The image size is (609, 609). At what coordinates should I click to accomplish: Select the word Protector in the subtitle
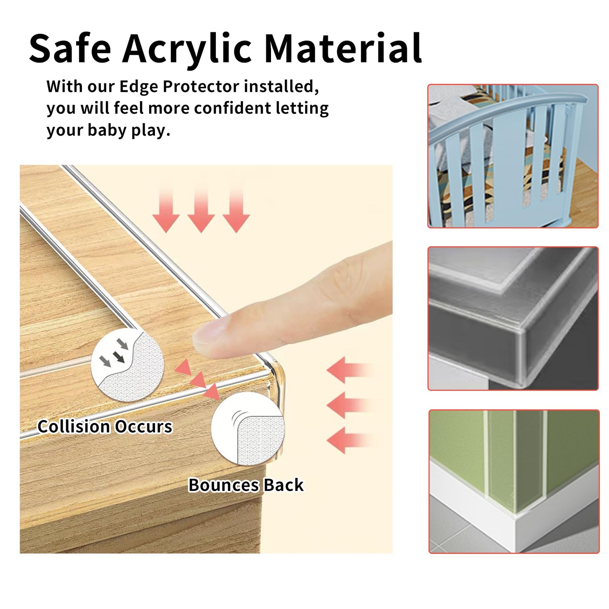[x=201, y=87]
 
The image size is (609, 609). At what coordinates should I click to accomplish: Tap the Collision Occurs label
[x=105, y=426]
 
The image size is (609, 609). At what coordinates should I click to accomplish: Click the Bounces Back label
[x=246, y=485]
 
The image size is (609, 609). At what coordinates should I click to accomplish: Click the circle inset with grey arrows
[x=128, y=365]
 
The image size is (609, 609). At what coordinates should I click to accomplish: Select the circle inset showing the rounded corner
[x=248, y=428]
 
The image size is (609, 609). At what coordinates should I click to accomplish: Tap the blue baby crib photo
[x=513, y=156]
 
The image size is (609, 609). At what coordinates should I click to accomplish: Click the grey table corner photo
[x=513, y=319]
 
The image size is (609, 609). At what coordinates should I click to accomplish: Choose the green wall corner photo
[x=514, y=481]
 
